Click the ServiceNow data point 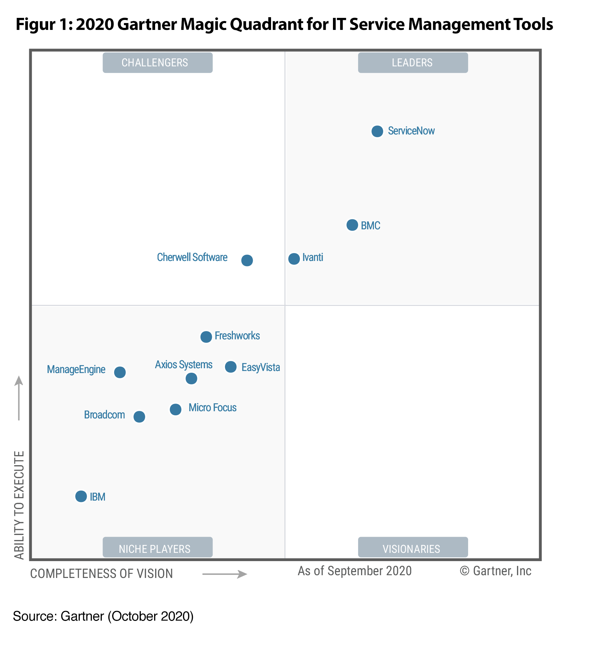point(377,131)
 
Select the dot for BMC point(352,225)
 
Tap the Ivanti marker point(294,259)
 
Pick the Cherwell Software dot point(247,260)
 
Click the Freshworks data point point(206,337)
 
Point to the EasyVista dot point(231,367)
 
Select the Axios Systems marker point(192,379)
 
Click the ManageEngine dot point(120,372)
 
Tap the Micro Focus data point point(175,409)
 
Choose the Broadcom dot point(139,417)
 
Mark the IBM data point point(81,496)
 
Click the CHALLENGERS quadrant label point(158,63)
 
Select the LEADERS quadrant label point(413,63)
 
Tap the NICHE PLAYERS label point(158,548)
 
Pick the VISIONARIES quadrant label point(413,548)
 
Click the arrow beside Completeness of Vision point(225,574)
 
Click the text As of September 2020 point(355,571)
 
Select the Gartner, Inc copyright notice point(496,571)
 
